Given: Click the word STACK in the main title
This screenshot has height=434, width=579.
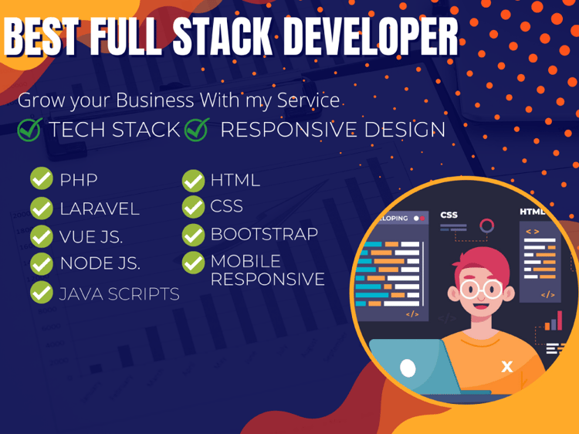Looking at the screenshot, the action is tap(222, 36).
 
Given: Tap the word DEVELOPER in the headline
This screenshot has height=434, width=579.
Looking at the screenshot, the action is tap(371, 36).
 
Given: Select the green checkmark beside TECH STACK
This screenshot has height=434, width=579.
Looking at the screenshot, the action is tap(29, 129).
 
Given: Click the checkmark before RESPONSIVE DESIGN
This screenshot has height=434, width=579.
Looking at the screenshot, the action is tap(197, 129).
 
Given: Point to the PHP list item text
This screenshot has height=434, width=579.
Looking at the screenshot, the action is tap(79, 180).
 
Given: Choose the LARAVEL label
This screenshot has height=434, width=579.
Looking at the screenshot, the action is tap(100, 209).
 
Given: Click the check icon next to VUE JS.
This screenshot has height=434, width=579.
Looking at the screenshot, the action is tap(42, 236).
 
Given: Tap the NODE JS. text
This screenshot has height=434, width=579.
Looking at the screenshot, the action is tap(100, 263).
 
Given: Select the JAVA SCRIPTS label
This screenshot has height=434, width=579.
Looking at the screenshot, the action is tap(119, 294).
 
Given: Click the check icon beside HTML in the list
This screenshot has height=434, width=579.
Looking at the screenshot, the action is tap(193, 181).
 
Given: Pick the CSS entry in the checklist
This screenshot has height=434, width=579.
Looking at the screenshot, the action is tap(226, 206).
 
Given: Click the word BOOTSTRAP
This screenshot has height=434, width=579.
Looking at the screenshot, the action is tap(264, 234).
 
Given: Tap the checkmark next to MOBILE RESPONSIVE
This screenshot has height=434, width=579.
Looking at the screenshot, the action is tap(193, 263).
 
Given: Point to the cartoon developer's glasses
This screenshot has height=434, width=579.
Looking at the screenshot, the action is tap(481, 290).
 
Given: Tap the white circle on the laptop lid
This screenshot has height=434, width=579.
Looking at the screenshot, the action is tap(408, 368).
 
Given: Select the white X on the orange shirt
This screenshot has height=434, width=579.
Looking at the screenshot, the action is tap(507, 366).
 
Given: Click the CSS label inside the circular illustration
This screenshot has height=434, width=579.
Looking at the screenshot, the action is tap(449, 215).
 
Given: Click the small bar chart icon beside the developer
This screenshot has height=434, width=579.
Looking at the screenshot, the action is tap(554, 321).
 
